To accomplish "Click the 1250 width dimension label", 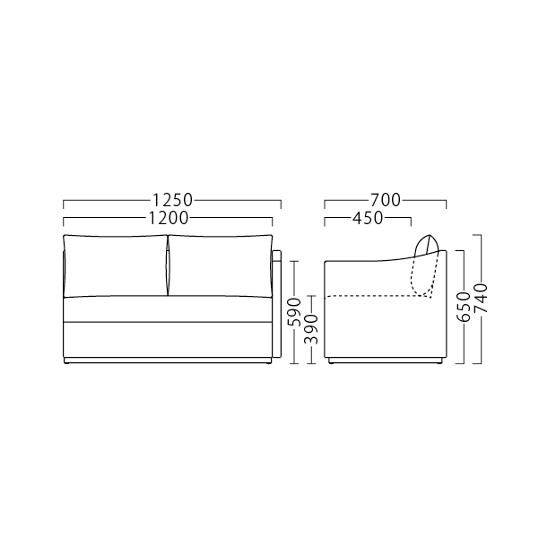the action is (x=172, y=200).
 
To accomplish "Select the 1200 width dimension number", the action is (x=168, y=219).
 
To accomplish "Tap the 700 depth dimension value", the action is (x=386, y=200).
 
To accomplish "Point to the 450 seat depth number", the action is (x=368, y=219).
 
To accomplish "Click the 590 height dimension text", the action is (x=294, y=312).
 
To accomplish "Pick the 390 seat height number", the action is (x=312, y=330).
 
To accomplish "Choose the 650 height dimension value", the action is (x=464, y=307).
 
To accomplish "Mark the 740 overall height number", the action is (x=482, y=298).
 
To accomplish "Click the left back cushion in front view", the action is (x=116, y=265).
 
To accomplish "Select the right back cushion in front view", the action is (x=221, y=265).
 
